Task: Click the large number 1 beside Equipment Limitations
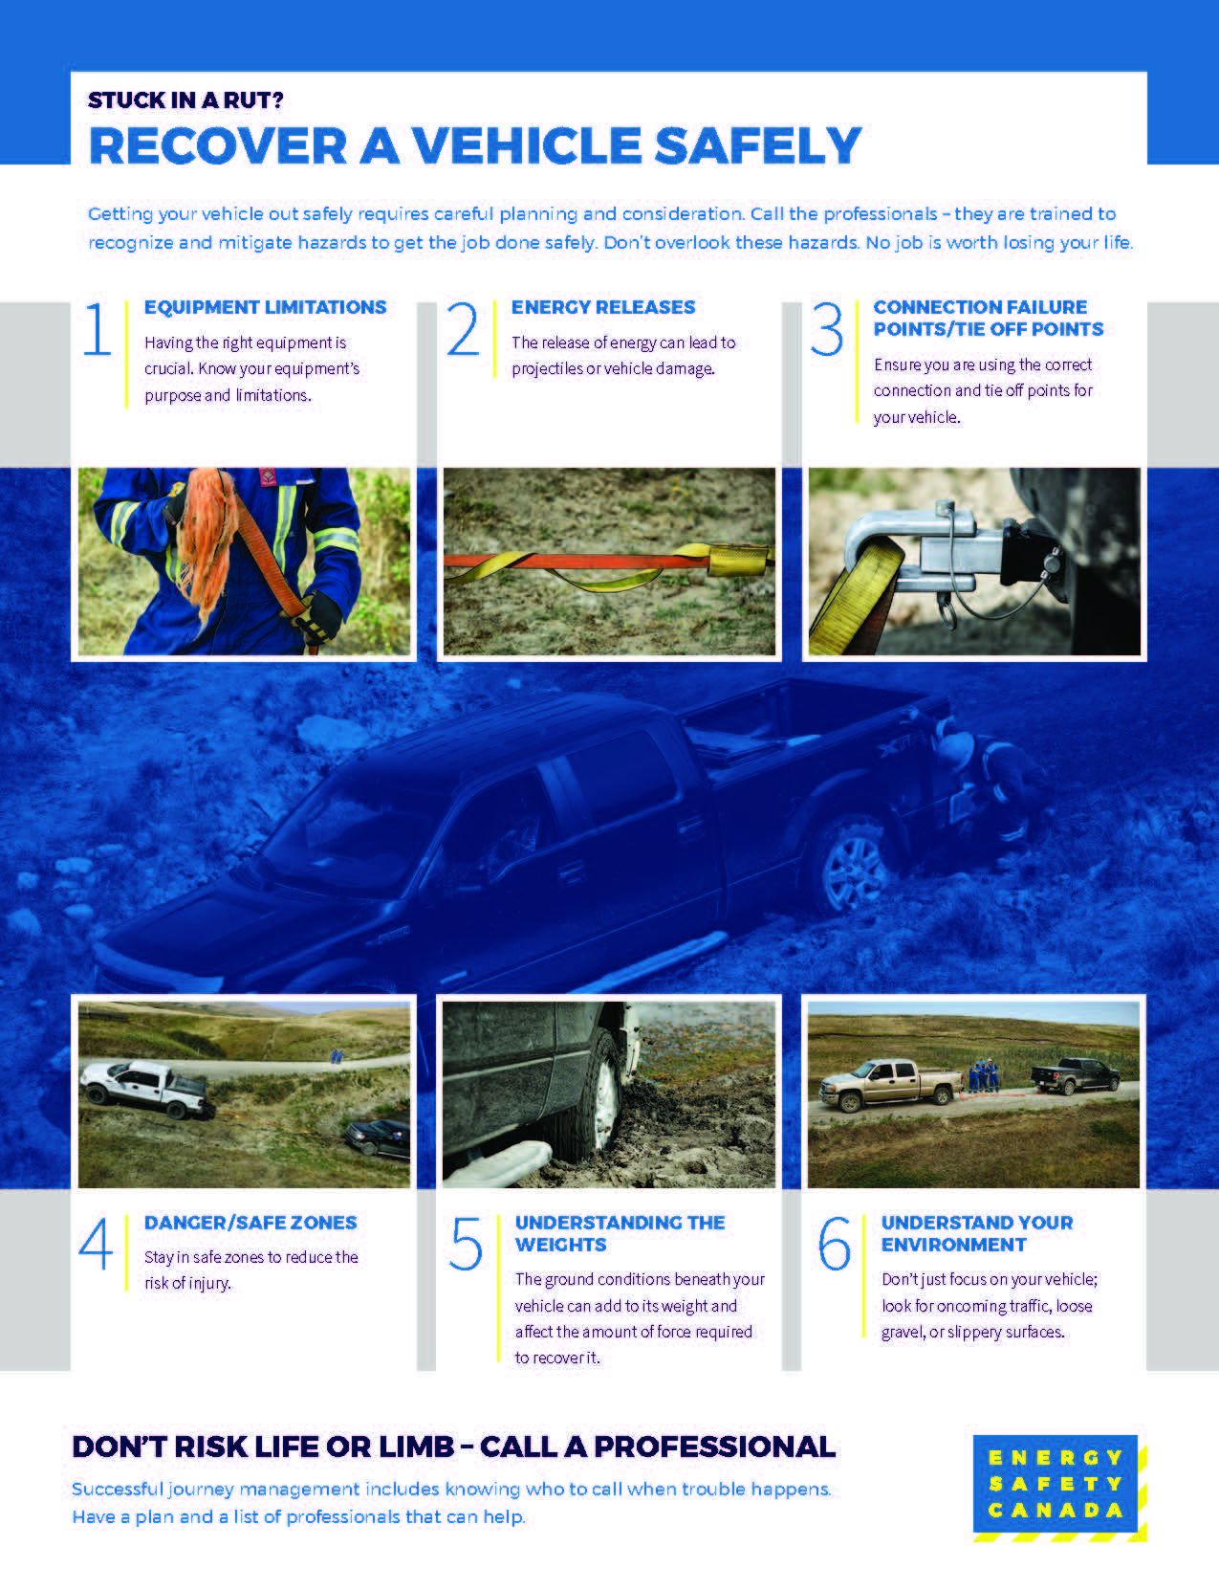tap(98, 328)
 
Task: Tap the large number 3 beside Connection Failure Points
tap(827, 328)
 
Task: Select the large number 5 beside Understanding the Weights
tap(465, 1243)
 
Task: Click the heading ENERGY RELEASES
tap(603, 307)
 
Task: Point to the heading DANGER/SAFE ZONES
tap(250, 1223)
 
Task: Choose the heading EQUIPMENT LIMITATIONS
tap(266, 307)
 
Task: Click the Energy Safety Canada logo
tap(1059, 1488)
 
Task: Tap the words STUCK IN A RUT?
tap(185, 100)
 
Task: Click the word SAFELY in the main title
tap(758, 145)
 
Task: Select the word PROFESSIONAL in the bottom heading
tap(713, 1446)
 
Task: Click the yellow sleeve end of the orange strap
tap(738, 560)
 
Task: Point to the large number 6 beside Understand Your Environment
tap(834, 1243)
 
